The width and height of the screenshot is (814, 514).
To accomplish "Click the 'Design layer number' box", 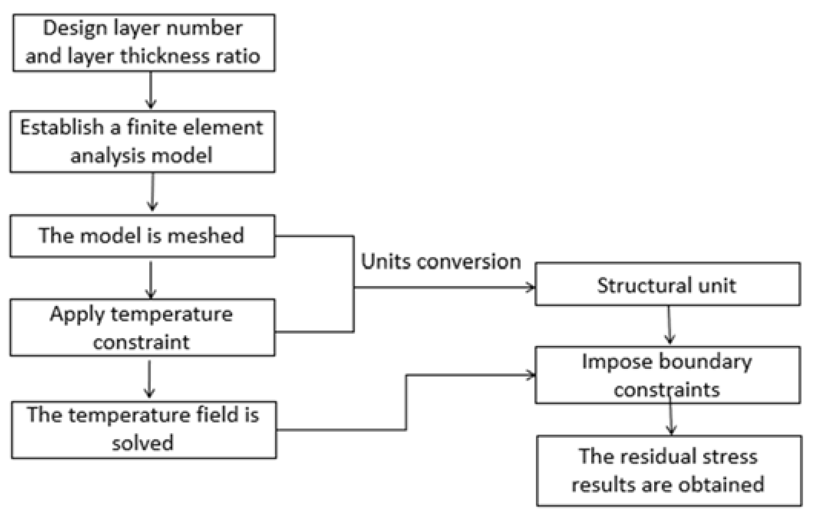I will [144, 43].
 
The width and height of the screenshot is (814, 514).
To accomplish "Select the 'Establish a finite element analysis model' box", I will [142, 141].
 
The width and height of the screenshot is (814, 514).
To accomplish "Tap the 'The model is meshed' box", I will [142, 236].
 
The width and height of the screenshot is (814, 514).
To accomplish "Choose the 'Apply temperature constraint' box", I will [142, 327].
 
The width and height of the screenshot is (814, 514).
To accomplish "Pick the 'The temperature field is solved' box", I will [144, 429].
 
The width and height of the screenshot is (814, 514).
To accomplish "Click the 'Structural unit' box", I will [667, 284].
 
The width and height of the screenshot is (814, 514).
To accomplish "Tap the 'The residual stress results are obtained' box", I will [669, 471].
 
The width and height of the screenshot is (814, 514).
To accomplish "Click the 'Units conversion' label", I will [441, 262].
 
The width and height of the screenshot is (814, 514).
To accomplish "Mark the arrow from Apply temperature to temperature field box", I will [149, 378].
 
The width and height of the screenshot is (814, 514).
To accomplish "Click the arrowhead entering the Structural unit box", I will [530, 287].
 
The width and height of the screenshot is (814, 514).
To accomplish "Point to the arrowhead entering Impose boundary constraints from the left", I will [530, 375].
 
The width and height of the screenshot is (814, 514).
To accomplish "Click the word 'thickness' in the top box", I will [165, 56].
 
